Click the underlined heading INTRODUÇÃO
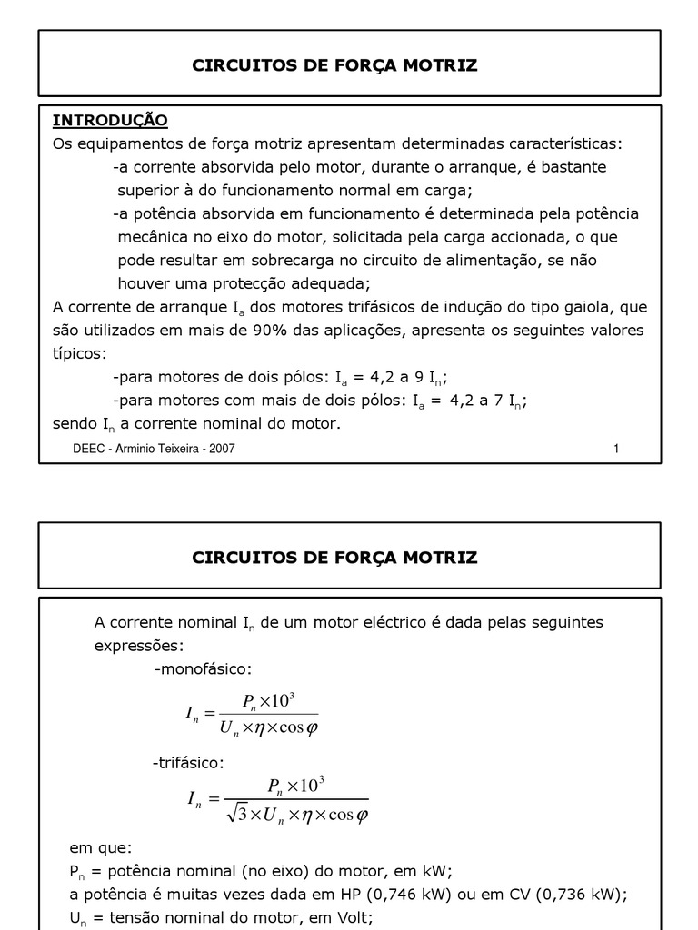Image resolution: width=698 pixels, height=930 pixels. click(x=110, y=120)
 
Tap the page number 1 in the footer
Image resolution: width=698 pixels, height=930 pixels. click(x=616, y=449)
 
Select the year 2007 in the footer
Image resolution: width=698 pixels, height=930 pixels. click(x=222, y=449)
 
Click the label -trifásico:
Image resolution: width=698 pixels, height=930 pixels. click(x=187, y=762)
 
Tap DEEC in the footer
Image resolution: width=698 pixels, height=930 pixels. click(x=89, y=449)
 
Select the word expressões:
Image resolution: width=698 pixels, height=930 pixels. click(x=138, y=646)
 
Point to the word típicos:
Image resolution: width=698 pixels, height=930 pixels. click(x=79, y=353)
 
